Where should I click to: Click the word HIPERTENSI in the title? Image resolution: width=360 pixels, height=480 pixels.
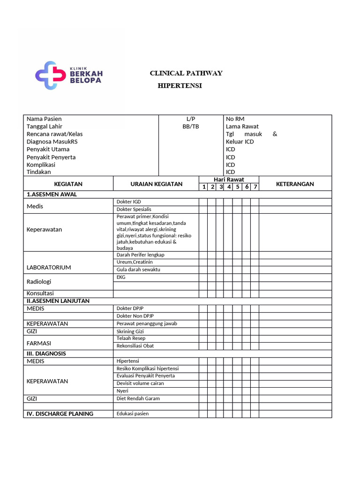pos(180,86)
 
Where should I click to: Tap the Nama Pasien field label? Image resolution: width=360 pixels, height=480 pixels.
pos(44,119)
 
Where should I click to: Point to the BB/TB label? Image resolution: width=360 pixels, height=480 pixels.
pos(190,127)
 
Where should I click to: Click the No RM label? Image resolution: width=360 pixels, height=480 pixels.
pos(235,119)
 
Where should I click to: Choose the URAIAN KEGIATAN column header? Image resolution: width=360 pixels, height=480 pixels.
pos(156,184)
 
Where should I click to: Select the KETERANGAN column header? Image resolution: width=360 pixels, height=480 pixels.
pos(295,184)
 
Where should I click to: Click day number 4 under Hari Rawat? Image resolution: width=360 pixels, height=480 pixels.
pos(229,187)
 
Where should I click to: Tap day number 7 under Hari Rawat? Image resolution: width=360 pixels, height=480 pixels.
pos(255,187)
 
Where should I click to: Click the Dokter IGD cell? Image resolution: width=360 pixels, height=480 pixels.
pos(128,202)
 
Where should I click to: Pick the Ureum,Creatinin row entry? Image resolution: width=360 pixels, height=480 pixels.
pos(135,262)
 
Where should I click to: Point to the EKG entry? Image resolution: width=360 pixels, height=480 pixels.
pos(121,277)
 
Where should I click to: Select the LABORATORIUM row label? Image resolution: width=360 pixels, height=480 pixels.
pos(49,268)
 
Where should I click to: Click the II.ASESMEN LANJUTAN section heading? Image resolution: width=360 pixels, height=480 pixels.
pos(58,301)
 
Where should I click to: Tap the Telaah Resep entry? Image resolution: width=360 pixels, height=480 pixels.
pos(131,338)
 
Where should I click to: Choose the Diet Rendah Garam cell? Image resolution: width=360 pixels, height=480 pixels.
pos(138,398)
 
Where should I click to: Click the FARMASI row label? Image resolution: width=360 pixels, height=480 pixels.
pos(39,343)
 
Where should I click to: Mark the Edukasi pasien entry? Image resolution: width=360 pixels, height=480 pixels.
pos(133,414)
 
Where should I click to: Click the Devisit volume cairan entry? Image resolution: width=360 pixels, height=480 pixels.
pos(140,383)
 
